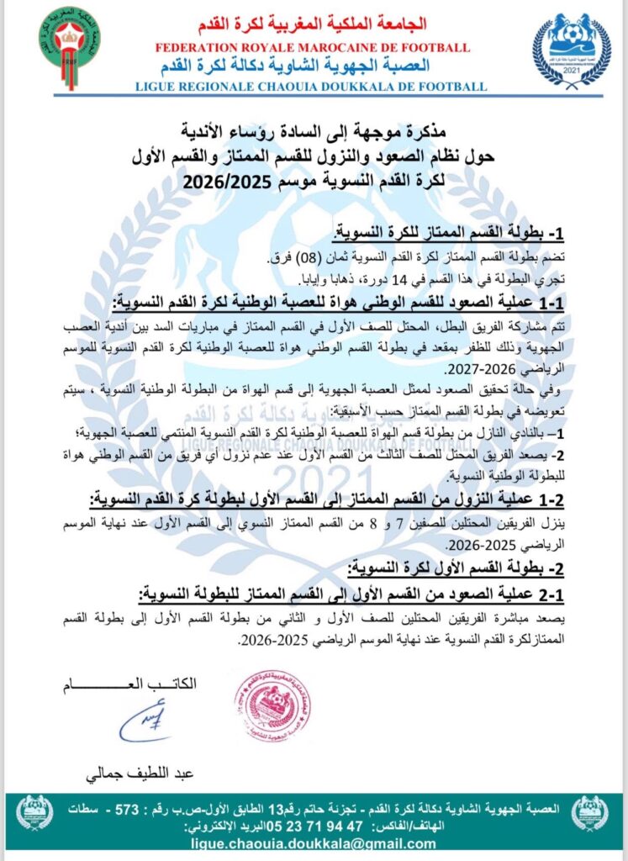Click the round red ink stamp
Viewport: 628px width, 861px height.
pos(272,706)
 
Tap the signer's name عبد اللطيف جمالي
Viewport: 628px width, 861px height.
pos(134,771)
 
